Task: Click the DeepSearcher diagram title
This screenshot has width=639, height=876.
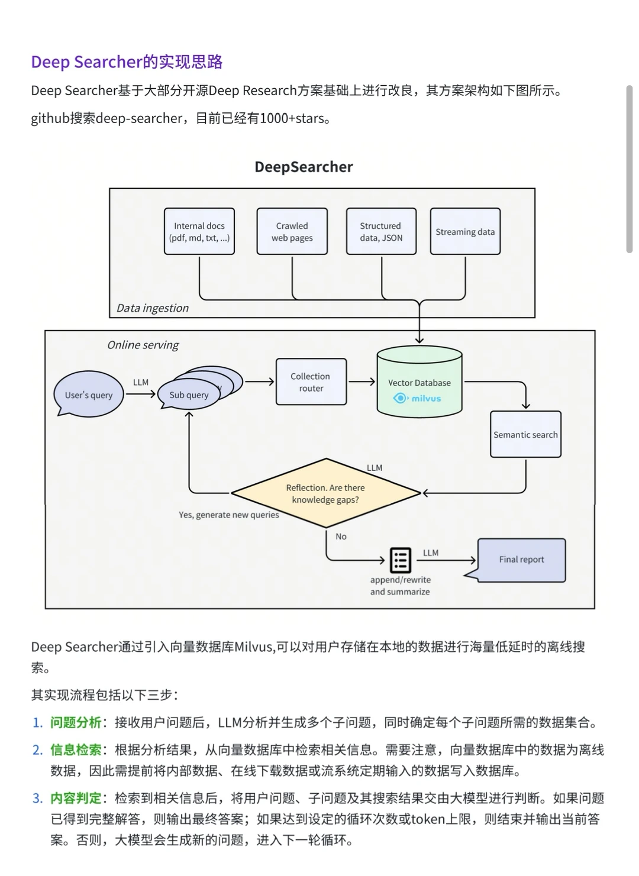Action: click(304, 167)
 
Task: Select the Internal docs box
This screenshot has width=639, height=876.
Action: click(199, 231)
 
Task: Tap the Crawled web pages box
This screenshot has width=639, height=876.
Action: click(292, 231)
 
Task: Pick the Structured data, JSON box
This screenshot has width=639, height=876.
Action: click(381, 231)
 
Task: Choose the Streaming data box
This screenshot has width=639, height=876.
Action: click(465, 231)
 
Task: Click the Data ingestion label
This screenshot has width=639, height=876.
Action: click(153, 308)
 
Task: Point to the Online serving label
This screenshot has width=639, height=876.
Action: click(143, 345)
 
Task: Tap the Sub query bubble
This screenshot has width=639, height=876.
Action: click(189, 395)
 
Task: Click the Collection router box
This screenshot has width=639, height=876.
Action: click(311, 382)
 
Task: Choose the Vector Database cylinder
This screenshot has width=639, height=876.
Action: click(419, 382)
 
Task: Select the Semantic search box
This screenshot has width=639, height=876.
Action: click(525, 435)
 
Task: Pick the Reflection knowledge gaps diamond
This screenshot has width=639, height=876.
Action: click(325, 493)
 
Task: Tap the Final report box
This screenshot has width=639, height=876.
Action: click(521, 560)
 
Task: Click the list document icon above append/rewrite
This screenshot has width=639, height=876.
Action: click(401, 560)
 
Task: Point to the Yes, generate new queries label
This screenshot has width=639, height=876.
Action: click(229, 515)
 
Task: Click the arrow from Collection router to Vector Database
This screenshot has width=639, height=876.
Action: click(362, 382)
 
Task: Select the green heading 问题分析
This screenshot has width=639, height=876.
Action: click(76, 722)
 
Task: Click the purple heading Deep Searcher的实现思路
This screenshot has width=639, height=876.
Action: click(127, 62)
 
